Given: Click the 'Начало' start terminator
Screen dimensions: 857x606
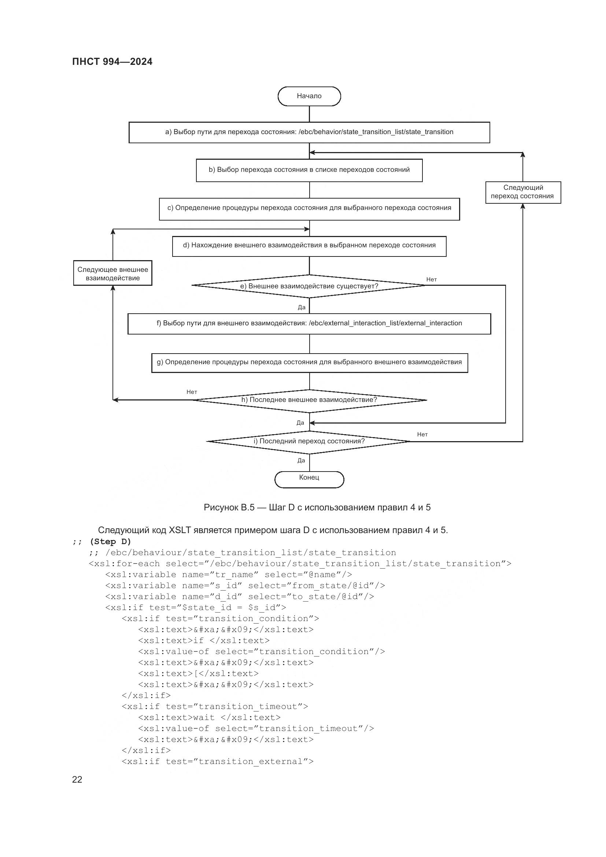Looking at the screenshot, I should [x=309, y=96].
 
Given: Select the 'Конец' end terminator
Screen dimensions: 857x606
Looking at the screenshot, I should [x=309, y=479].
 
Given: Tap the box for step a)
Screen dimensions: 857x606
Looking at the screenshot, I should [x=309, y=132].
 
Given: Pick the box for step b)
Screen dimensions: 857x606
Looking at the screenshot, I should [x=309, y=170].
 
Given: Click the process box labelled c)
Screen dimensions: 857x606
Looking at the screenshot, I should [x=309, y=208].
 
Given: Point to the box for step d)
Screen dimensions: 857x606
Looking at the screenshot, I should [x=309, y=246].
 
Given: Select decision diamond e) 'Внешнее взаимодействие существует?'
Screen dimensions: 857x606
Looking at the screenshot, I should [x=309, y=286].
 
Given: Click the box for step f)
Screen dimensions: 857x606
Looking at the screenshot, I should [x=309, y=324].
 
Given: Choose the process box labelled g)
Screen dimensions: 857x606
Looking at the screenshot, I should [x=309, y=362].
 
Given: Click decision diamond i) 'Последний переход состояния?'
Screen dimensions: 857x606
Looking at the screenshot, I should [x=309, y=442].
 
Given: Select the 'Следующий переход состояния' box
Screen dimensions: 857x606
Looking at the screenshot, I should [x=522, y=192].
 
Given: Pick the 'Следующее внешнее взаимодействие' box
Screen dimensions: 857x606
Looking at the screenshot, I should [x=113, y=274].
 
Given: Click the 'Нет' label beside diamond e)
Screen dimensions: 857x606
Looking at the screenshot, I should [x=431, y=280].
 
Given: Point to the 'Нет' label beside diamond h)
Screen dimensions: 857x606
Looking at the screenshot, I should [x=192, y=392].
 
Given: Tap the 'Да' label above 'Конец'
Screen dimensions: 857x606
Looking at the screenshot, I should [x=301, y=461].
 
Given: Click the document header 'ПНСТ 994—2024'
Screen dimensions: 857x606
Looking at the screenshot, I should [x=112, y=62].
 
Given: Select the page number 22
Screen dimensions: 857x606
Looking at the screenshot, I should [x=77, y=779].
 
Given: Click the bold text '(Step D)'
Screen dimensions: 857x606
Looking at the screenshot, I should [x=110, y=541].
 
